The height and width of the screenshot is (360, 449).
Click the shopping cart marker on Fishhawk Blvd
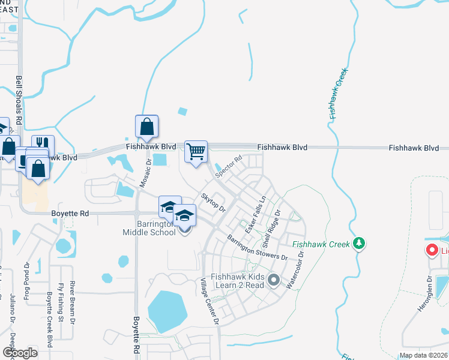coord(196,151)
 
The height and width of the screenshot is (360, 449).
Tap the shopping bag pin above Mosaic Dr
coord(146,126)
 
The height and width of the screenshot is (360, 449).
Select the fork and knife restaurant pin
coord(43,146)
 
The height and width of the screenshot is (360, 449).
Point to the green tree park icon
coord(359,242)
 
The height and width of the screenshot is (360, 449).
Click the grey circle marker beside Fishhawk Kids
coord(274,280)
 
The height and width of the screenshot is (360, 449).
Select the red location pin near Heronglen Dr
coord(431,251)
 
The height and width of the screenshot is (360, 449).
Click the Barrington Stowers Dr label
coord(258,248)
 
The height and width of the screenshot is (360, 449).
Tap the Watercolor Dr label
coord(295,269)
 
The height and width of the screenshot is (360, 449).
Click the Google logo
coord(20,352)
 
